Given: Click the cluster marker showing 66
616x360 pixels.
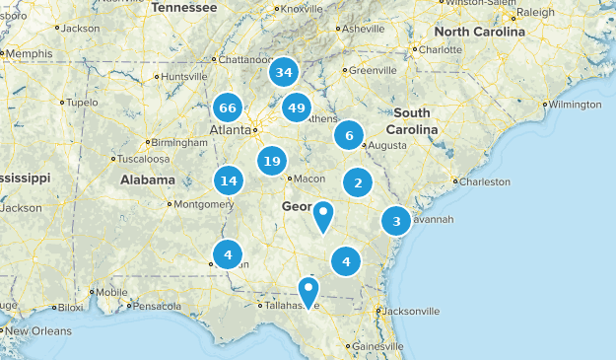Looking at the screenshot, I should (228, 107).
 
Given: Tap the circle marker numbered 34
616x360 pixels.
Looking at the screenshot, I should (285, 72).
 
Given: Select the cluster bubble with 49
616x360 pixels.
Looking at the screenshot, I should (297, 107).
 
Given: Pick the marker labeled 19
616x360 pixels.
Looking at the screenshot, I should (272, 161).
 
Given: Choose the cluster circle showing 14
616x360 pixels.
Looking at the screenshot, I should (229, 180).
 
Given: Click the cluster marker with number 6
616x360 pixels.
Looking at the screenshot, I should (348, 135).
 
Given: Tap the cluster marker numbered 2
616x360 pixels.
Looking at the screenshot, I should (358, 182).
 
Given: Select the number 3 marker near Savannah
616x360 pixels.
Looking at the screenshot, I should (396, 221).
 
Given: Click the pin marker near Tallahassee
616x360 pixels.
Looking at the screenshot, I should (309, 291).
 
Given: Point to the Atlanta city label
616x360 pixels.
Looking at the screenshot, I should (230, 129).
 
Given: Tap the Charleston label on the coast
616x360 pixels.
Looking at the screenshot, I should (486, 181).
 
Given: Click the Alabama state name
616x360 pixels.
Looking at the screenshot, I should (148, 180).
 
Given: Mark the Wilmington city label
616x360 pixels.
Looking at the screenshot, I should (576, 104).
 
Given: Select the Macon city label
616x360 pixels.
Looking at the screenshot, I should (309, 179).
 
